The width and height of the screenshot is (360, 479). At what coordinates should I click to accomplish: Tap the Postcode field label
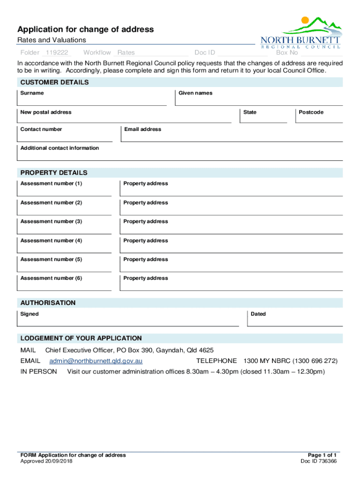(311, 112)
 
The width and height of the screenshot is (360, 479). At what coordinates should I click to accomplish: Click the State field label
(250, 112)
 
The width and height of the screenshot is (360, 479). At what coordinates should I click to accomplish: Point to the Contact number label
(41, 129)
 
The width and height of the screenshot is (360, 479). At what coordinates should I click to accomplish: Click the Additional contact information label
(59, 148)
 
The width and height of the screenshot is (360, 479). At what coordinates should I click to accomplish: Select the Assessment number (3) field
(65, 229)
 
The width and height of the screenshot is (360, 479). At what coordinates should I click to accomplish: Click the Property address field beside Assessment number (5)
(231, 267)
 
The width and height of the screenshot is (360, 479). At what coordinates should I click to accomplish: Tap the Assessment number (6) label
(51, 278)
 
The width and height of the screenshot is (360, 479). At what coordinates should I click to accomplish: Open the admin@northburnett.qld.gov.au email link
(96, 361)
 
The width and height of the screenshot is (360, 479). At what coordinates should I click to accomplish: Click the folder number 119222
(56, 53)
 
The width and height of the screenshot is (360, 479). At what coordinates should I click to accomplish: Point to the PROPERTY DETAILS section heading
(54, 173)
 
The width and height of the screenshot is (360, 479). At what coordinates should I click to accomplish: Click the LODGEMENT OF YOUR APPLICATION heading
(81, 338)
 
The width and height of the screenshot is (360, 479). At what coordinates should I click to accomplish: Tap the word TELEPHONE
(216, 361)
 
